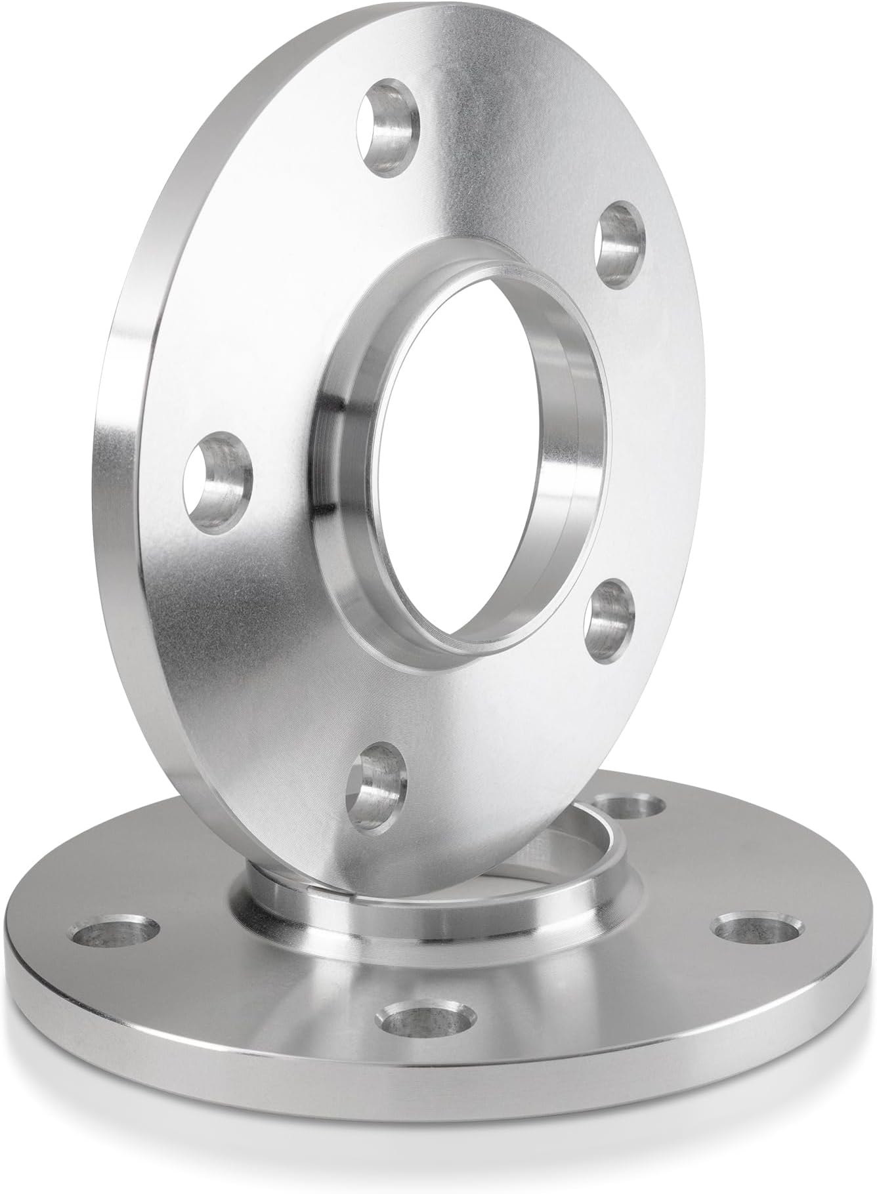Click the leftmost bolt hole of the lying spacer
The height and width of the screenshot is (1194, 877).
tap(116, 934)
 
